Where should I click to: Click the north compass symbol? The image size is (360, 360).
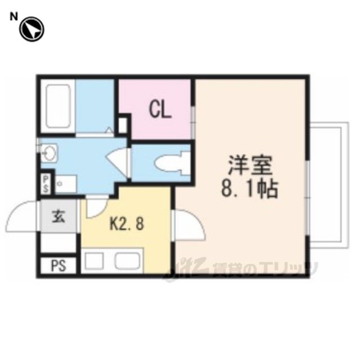[x=31, y=29]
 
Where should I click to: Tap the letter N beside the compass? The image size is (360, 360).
[x=13, y=16]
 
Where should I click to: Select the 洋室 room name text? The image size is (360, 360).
[x=250, y=165]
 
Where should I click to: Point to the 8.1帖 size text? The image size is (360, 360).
[x=250, y=190]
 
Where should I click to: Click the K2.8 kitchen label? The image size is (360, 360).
[x=127, y=224]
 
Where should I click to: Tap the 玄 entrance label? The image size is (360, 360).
[x=58, y=217]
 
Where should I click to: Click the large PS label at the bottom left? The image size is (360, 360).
[x=58, y=265]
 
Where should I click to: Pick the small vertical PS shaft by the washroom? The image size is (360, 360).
[x=46, y=184]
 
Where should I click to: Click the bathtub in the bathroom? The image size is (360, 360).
[x=58, y=106]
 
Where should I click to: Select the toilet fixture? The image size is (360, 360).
[x=172, y=163]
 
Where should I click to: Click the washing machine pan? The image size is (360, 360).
[x=66, y=184]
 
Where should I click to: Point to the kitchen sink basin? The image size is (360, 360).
[x=128, y=260]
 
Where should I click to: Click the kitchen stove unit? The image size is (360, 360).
[x=94, y=260]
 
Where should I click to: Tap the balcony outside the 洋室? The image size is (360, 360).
[x=329, y=185]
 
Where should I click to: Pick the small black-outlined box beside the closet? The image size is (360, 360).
[x=123, y=125]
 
